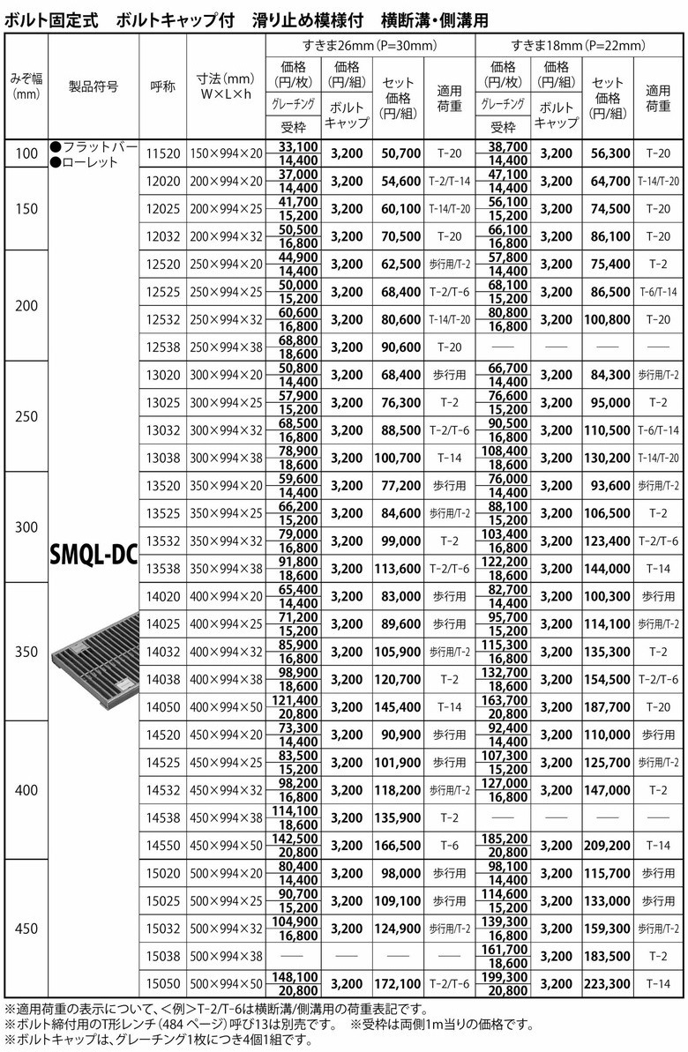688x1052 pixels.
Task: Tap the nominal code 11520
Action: point(163,153)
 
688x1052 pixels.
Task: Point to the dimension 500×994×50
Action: point(226,984)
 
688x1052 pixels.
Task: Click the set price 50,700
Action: point(400,153)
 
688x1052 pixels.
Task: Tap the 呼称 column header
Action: point(163,86)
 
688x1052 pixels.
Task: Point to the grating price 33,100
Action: point(297,145)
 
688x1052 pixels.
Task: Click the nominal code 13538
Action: point(163,568)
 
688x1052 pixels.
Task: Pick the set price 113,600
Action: point(400,568)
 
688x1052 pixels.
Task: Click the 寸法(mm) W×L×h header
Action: point(226,86)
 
